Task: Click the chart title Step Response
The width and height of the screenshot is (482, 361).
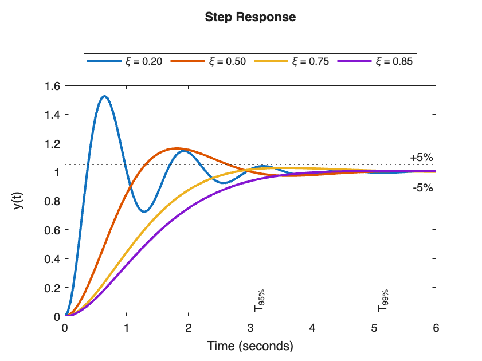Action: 250,17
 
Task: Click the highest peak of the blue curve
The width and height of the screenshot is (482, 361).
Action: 104,96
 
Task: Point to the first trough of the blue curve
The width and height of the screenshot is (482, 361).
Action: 144,211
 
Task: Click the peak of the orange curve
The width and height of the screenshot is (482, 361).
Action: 177,148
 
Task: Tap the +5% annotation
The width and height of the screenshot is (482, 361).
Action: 421,158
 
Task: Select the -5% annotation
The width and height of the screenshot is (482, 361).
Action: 422,187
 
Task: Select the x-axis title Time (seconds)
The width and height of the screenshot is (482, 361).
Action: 250,347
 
